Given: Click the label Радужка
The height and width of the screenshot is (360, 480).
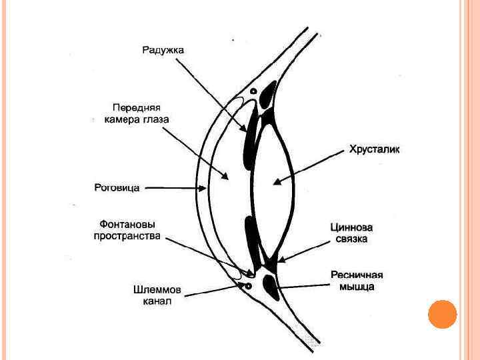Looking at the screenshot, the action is click(163, 49).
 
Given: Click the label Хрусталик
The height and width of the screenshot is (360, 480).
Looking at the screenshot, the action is click(375, 151).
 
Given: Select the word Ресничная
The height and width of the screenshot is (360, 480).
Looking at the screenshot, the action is click(357, 275).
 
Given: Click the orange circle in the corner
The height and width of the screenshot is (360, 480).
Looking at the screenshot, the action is click(442, 314).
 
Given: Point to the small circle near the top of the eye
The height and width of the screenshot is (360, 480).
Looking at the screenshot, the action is click(253, 91).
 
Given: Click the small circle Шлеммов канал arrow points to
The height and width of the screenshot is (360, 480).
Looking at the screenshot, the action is click(248, 285).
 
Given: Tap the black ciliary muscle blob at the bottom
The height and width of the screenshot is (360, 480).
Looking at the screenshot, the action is click(270, 285).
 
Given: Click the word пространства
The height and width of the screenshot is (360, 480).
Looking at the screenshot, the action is click(127, 237).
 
